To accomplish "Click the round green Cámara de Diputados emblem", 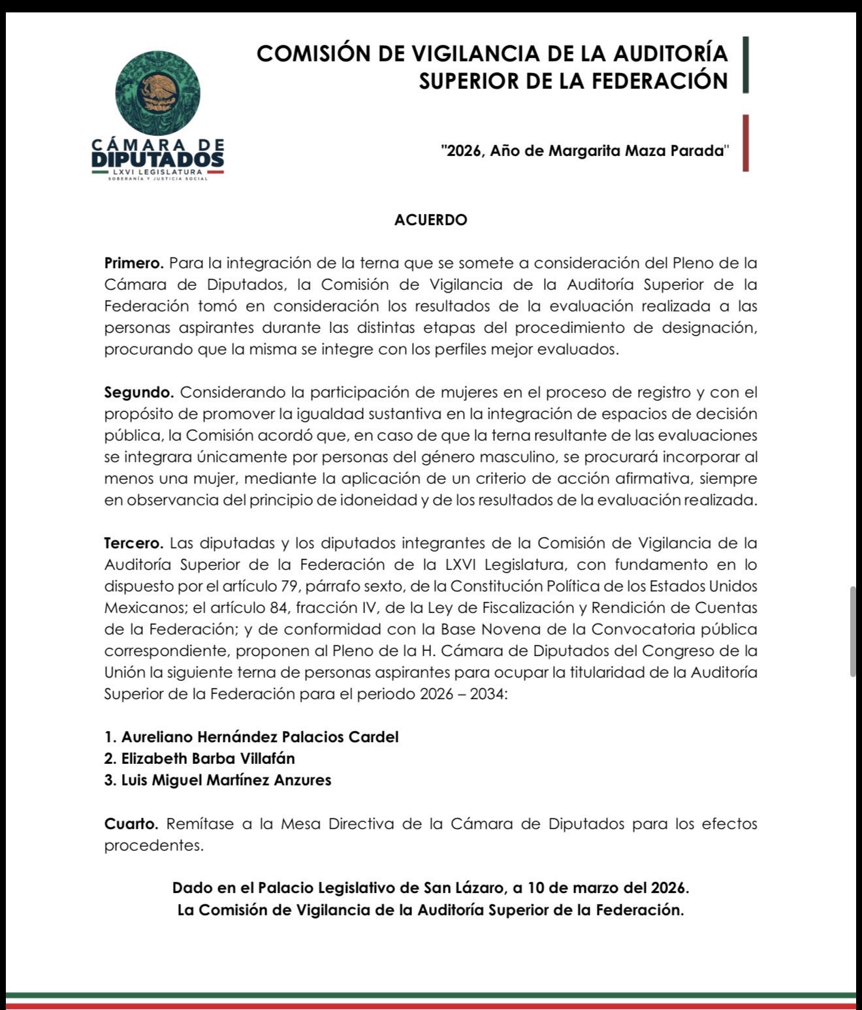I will click(157, 93).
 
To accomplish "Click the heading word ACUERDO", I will click(430, 220).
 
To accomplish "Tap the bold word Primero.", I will click(134, 263).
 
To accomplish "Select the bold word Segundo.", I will click(139, 392).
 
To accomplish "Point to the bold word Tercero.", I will click(134, 543).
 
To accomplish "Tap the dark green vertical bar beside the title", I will click(746, 65).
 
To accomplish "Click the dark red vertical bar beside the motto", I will click(746, 143).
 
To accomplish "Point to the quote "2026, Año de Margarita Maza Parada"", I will click(584, 151).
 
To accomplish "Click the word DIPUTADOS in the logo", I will click(157, 159).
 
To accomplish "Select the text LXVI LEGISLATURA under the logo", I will click(157, 172).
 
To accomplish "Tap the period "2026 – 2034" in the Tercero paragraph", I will click(462, 694).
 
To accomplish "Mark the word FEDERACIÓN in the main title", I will click(659, 81).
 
